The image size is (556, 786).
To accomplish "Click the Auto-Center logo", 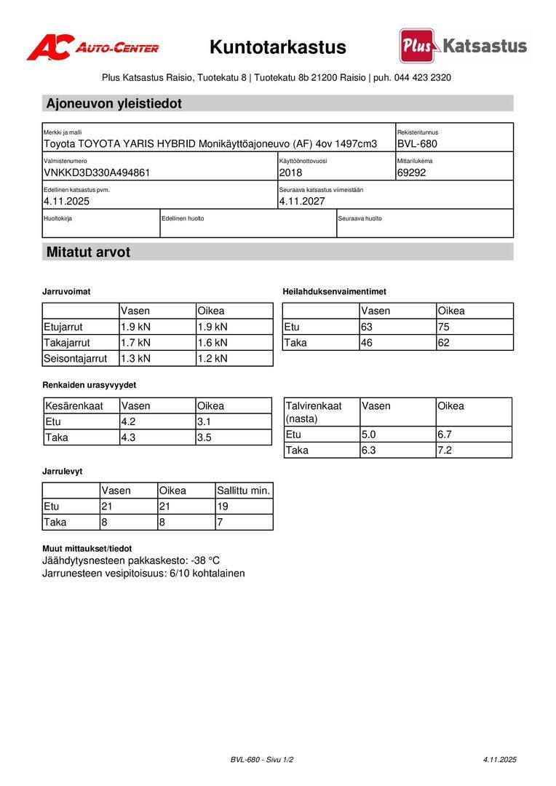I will (92, 48).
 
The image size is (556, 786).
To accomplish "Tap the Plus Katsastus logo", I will (463, 47).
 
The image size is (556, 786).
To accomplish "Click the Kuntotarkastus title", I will (278, 48).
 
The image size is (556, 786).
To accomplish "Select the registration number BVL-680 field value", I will (417, 144).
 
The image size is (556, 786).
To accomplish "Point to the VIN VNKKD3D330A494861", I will (97, 172).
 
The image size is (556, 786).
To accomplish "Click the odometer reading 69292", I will (411, 172).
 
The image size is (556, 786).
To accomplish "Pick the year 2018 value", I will (290, 172).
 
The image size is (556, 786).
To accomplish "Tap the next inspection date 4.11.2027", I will (302, 201).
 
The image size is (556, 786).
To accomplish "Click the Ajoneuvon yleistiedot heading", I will (114, 103).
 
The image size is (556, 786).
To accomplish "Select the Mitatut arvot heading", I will (88, 253).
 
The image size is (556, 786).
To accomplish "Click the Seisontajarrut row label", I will (76, 358).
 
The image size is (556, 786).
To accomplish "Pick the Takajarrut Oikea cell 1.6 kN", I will (213, 342).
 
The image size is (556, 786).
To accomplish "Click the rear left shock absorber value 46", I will (367, 342).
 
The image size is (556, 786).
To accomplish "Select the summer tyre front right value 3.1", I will (204, 421).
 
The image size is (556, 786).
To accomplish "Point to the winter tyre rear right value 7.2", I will (445, 450).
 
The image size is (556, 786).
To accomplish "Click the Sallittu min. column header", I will (244, 491).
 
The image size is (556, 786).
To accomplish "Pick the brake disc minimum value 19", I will (223, 507).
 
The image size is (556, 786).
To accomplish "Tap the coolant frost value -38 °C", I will (205, 560).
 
